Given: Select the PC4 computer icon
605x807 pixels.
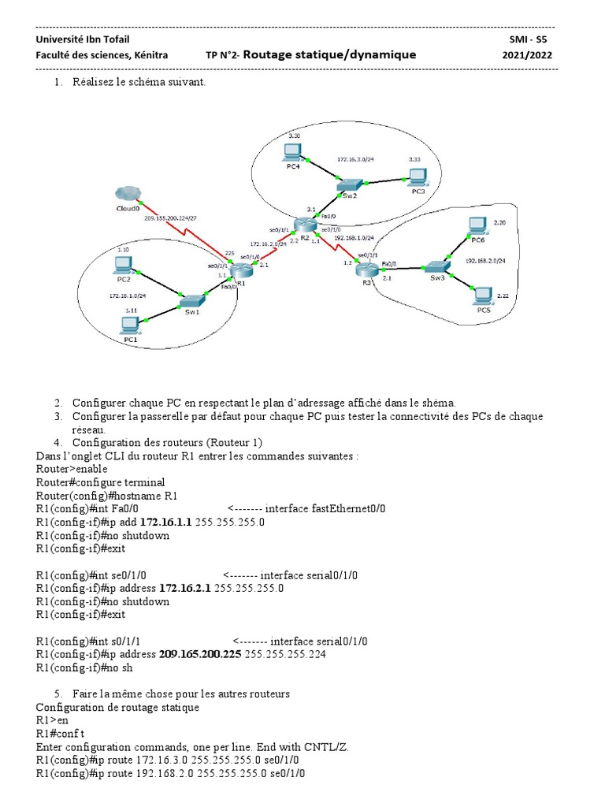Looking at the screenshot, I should [x=293, y=151].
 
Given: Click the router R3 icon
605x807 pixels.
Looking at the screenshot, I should [x=366, y=269].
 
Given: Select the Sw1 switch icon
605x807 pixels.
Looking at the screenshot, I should [x=192, y=300].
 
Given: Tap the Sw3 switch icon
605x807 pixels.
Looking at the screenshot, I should [x=436, y=267].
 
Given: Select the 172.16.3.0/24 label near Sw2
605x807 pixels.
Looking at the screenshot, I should [x=355, y=159].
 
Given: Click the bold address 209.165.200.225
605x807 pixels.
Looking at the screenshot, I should [x=200, y=654].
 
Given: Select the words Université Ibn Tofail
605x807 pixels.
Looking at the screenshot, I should [x=72, y=39].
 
